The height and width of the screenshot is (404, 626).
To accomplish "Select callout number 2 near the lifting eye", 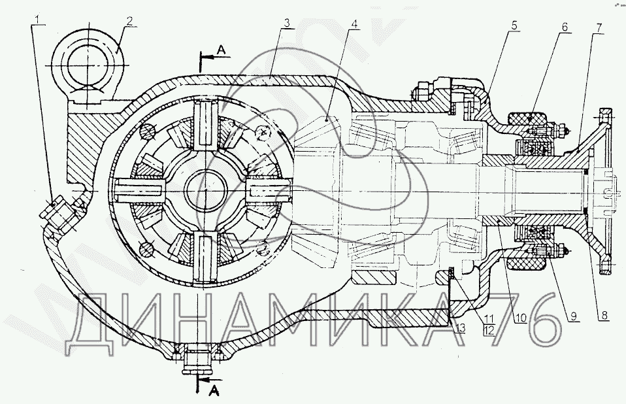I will tap(129, 20).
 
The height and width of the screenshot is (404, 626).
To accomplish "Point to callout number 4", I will tap(354, 24).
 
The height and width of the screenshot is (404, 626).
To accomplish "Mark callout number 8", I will tap(604, 315).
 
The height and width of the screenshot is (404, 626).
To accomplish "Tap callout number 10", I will tap(521, 318).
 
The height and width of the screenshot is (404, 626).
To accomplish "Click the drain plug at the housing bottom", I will tap(197, 360).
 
